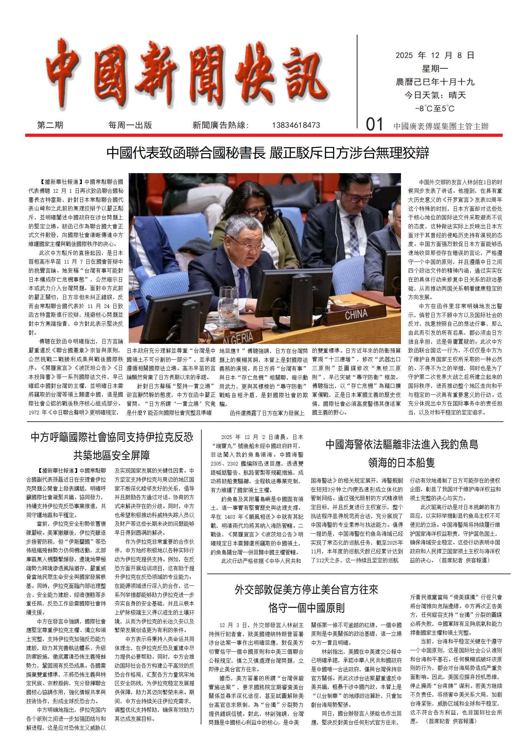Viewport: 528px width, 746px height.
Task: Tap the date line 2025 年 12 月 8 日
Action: (435, 55)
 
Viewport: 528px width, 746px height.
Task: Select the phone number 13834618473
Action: (296, 125)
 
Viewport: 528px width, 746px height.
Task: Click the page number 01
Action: (375, 125)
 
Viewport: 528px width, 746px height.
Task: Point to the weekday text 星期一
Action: (435, 69)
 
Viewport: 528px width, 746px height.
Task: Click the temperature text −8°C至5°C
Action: (435, 109)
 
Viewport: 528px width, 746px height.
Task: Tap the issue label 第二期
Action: (50, 125)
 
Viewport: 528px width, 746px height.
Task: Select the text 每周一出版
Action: (130, 125)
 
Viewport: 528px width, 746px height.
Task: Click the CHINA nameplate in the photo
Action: (356, 314)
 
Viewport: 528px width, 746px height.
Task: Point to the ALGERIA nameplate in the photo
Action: (238, 338)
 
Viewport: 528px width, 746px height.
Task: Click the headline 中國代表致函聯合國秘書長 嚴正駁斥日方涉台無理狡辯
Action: (268, 153)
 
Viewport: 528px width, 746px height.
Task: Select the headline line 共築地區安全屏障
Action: (112, 455)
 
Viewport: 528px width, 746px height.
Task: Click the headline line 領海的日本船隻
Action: (401, 462)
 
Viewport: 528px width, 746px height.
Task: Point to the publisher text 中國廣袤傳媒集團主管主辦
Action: (441, 126)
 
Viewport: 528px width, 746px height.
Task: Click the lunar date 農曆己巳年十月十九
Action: (435, 82)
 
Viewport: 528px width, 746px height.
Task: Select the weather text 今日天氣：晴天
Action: (435, 96)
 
